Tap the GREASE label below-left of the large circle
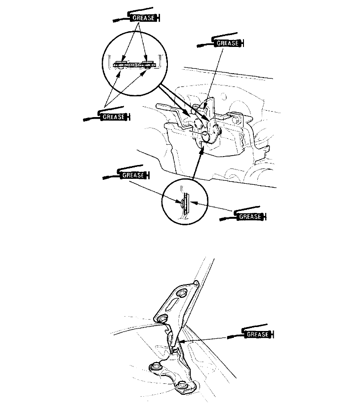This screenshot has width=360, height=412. click(113, 117)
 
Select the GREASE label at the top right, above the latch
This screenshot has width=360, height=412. click(228, 43)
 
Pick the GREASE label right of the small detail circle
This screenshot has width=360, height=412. click(249, 216)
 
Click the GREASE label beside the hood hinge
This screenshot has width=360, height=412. click(257, 334)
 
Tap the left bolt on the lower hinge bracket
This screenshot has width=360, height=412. click(154, 367)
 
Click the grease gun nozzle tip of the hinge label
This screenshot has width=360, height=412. click(229, 337)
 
